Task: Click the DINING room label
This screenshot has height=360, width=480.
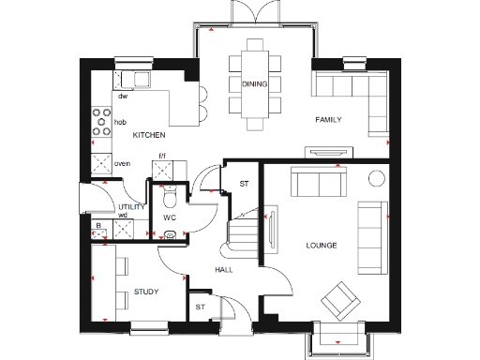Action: point(253,84)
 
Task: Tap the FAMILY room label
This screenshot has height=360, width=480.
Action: point(328,120)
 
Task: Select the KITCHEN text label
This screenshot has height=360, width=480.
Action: point(148,136)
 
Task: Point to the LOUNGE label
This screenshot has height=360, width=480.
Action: point(321,246)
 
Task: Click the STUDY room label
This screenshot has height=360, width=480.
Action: point(146,292)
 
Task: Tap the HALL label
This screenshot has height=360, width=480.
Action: point(223,270)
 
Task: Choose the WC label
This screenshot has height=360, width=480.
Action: point(170,217)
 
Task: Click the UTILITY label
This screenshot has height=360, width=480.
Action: point(129,206)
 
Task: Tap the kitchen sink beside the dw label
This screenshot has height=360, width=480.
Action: point(141,80)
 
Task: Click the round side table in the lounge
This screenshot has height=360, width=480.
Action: point(378,178)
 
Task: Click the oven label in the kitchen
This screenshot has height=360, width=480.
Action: point(121,164)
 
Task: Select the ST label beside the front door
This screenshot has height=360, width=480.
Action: point(200,307)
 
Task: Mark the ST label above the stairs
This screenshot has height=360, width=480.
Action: point(244,183)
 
